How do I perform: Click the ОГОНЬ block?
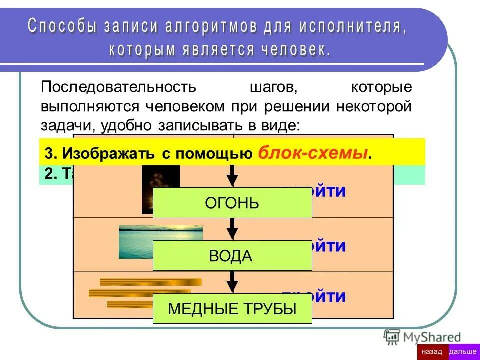point(232,203)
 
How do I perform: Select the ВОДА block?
point(232,256)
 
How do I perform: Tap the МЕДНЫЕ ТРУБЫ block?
point(232,309)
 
